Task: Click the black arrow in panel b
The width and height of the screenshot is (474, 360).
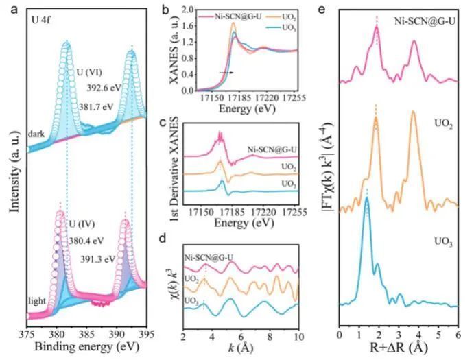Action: tap(226, 71)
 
